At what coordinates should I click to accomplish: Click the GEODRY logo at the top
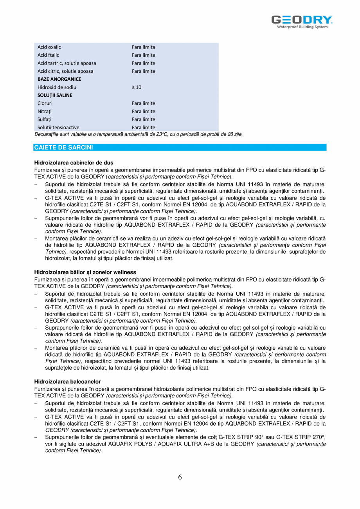302,21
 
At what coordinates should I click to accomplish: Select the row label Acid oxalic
49,47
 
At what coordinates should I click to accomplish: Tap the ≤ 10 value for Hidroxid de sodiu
137,87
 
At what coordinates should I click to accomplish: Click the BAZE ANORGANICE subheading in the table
59,79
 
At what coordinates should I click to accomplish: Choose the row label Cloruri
45,103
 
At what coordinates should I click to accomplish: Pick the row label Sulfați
45,119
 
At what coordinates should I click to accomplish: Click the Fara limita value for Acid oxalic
143,47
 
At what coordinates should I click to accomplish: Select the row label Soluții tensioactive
58,127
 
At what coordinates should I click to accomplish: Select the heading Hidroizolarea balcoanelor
67,381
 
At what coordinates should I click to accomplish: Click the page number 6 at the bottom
180,477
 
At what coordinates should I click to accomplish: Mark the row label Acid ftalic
49,55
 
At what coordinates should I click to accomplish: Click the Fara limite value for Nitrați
143,111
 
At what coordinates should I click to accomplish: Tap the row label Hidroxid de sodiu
57,87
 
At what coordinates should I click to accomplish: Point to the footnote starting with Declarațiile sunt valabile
139,134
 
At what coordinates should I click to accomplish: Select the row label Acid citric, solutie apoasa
65,71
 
